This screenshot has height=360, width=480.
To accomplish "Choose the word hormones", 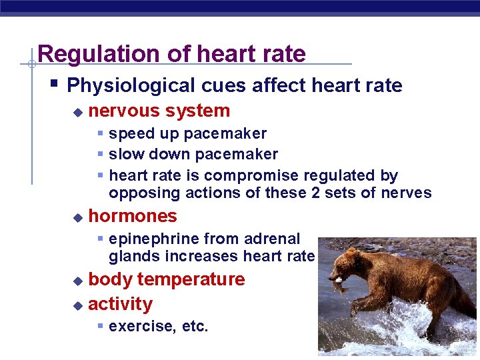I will click(132, 216).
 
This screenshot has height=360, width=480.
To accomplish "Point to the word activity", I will click(120, 304).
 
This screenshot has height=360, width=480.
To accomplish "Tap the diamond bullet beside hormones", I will click(77, 217).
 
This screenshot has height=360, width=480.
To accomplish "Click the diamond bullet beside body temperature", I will click(77, 281).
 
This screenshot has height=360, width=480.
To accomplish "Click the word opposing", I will click(138, 193).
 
